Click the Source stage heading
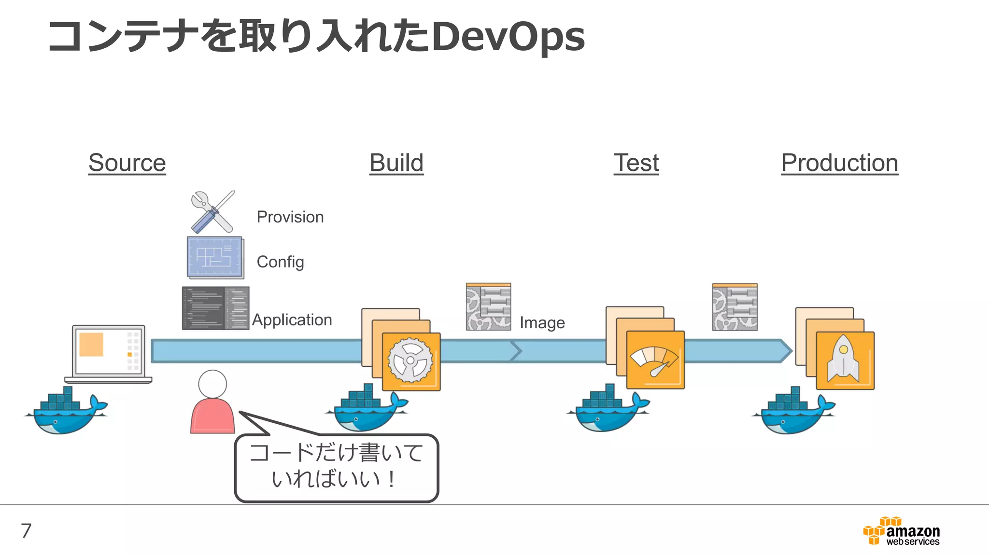pos(127,163)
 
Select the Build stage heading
pos(396,163)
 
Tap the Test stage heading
pos(636,163)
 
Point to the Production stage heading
pos(839,163)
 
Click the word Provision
pos(290,217)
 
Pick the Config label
pos(280,262)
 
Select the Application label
pos(292,320)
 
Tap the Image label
pos(542,322)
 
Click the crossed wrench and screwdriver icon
pos(213,212)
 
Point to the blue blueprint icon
pos(215,257)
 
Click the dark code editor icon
pos(215,308)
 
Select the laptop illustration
pos(108,353)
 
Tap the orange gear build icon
pos(411,361)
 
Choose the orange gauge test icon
pos(655,360)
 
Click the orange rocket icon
pos(845,361)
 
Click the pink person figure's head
pos(212,384)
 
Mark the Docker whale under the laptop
pos(66,412)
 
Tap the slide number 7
pos(26,530)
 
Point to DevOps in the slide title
pos(508,37)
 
